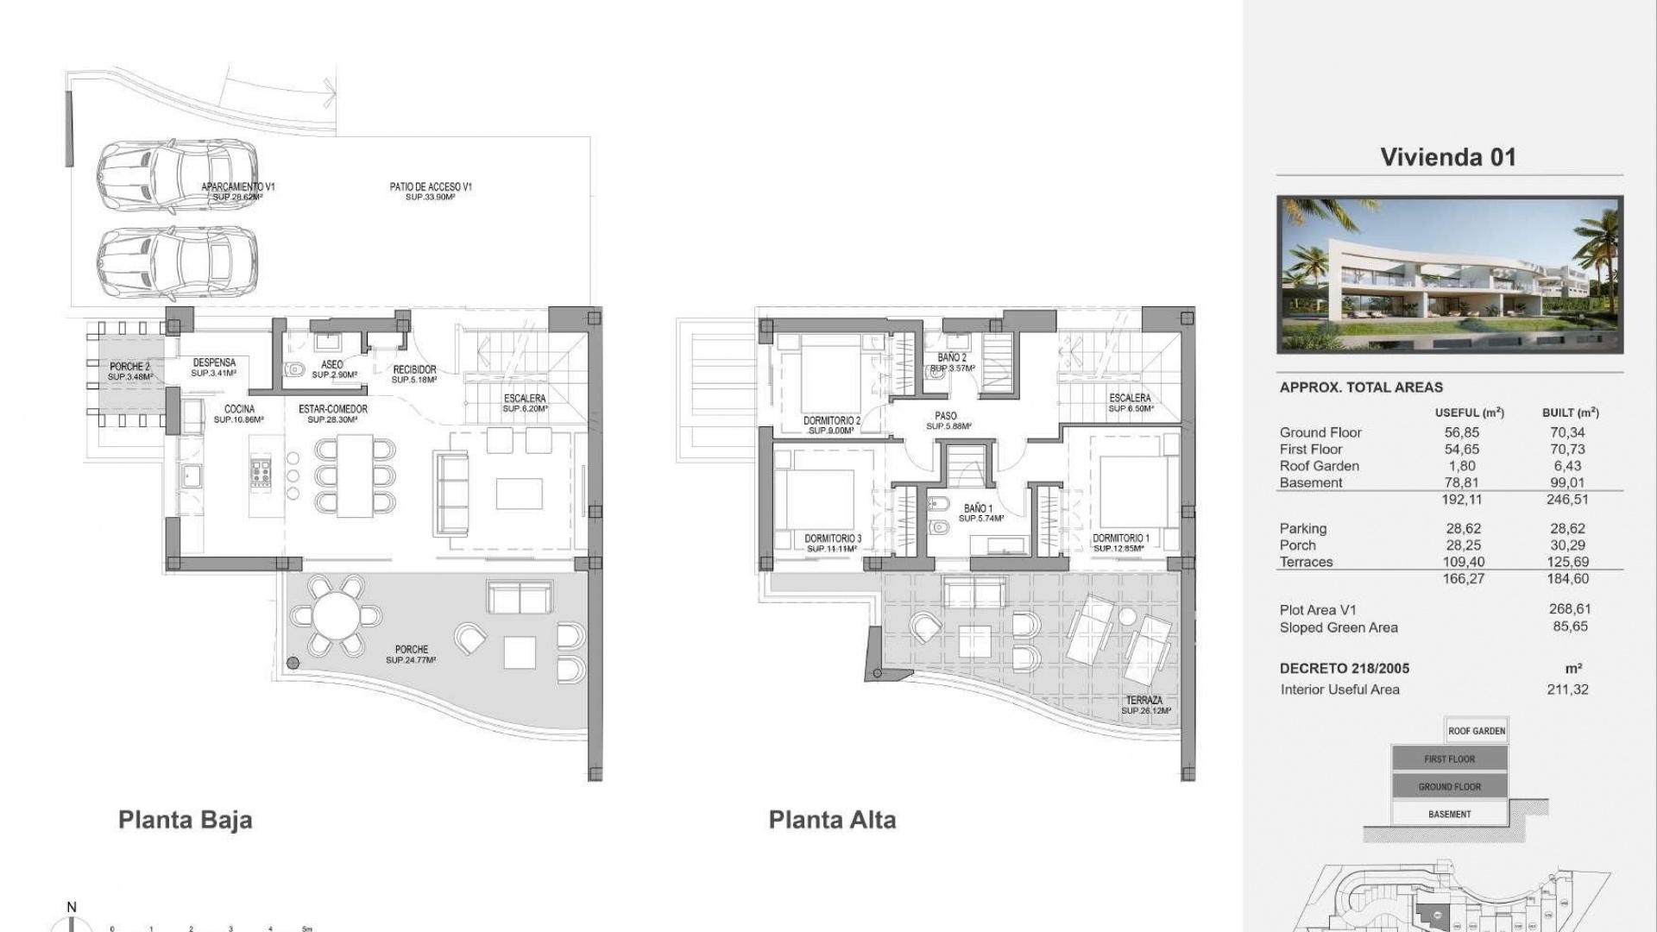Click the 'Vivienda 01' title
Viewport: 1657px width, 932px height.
[x=1447, y=157]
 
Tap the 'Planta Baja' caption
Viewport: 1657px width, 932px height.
[x=185, y=819]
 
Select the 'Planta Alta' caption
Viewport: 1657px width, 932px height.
[x=832, y=819]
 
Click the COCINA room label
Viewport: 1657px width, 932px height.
[x=239, y=410]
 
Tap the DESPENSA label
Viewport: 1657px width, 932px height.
[x=214, y=363]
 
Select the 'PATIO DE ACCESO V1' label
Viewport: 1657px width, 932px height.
[x=430, y=186]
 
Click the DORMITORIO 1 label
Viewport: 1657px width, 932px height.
[x=1120, y=538]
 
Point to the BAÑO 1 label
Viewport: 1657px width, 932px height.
[x=978, y=509]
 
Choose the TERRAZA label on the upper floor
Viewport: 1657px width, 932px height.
[x=1144, y=701]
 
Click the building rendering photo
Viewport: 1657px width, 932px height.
[x=1449, y=274]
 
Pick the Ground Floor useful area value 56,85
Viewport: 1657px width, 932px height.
[x=1461, y=432]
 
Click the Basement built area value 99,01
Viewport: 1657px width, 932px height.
[x=1567, y=482]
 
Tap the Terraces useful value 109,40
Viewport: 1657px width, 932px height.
[x=1463, y=562]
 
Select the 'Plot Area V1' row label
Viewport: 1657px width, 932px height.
[x=1318, y=609]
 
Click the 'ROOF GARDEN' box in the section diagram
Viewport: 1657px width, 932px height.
[x=1476, y=731]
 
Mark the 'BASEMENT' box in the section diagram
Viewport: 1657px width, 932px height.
[x=1449, y=814]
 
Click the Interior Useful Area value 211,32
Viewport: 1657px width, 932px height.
[x=1567, y=690]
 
